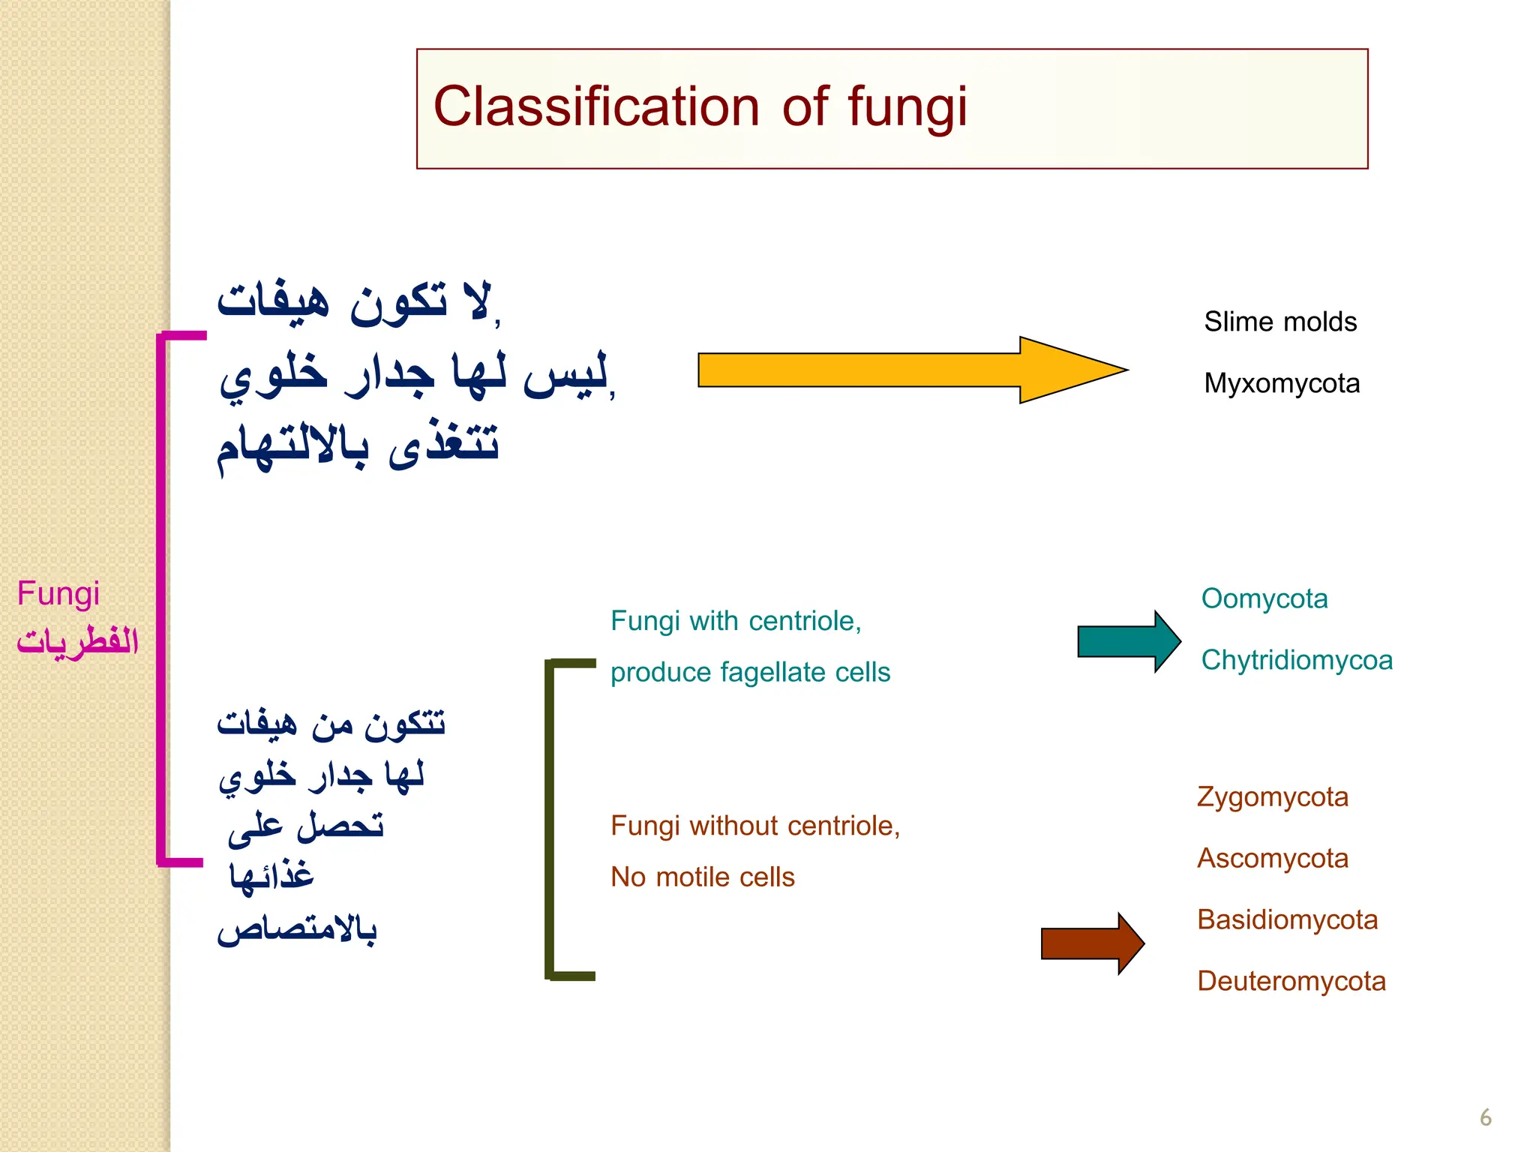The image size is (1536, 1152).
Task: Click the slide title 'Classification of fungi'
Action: (x=700, y=107)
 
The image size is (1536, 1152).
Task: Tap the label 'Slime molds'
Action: (x=1280, y=322)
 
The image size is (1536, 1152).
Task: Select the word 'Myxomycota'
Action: (x=1282, y=383)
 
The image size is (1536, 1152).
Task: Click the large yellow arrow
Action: (x=900, y=370)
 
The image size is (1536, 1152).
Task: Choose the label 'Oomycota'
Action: (x=1264, y=598)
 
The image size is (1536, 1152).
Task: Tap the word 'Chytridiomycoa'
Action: (x=1297, y=660)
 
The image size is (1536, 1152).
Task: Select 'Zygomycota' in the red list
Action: (x=1273, y=796)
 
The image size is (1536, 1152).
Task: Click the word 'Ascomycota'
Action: (x=1273, y=858)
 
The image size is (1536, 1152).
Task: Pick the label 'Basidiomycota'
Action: (x=1287, y=919)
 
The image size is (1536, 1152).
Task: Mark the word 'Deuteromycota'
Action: (x=1291, y=981)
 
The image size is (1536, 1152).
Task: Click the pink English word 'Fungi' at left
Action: (x=58, y=594)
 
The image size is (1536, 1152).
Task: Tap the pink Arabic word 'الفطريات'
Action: (x=77, y=641)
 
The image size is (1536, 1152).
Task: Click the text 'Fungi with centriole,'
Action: (x=736, y=621)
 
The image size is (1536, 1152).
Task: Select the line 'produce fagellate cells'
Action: (x=750, y=672)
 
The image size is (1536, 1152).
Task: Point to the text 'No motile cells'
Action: (x=702, y=877)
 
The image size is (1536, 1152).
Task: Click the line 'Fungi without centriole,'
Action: (x=755, y=826)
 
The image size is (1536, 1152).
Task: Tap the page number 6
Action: (x=1485, y=1118)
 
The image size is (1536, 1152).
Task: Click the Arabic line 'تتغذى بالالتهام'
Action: (x=358, y=446)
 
